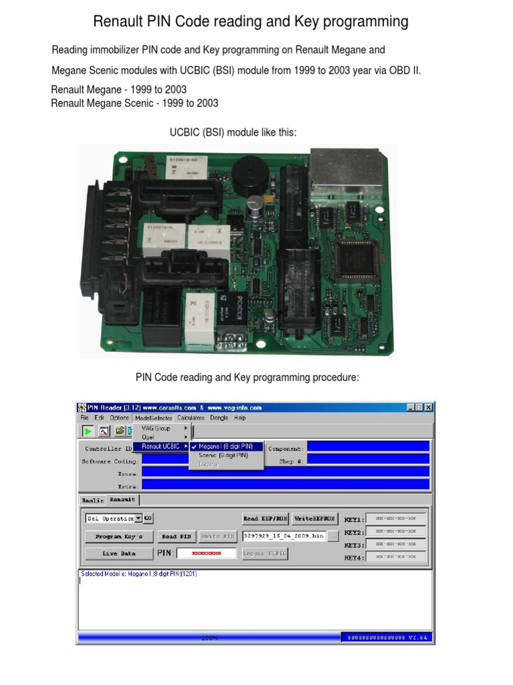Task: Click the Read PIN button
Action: coord(178,536)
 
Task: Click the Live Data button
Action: coord(119,553)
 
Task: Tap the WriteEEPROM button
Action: coord(314,518)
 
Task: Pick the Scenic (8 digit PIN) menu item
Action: coord(223,455)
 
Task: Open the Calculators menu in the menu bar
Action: coord(187,417)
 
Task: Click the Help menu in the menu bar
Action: coord(240,417)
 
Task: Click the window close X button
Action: coord(428,407)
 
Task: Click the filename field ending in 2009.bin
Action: coord(283,536)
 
